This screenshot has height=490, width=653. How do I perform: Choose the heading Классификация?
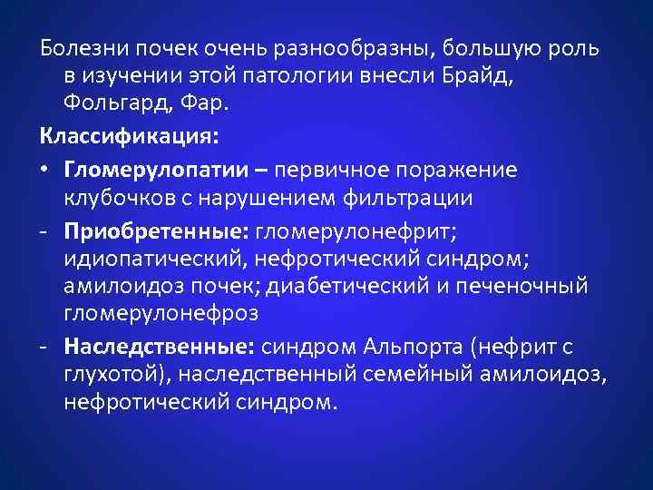pyautogui.click(x=129, y=138)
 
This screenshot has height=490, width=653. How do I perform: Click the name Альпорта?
pyautogui.click(x=414, y=347)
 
